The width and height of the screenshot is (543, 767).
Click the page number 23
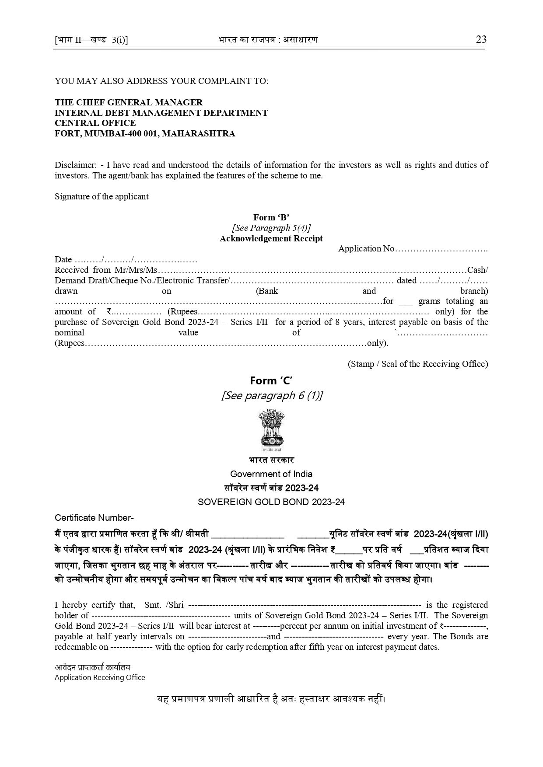tap(481, 39)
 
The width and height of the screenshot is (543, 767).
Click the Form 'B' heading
tap(271, 217)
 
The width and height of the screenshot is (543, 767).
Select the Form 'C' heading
tap(271, 380)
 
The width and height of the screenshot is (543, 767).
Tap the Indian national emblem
tap(271, 430)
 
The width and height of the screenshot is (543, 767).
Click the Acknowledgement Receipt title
tap(271, 238)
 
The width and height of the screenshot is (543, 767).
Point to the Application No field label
tap(366, 249)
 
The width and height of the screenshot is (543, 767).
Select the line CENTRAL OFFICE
tap(89, 123)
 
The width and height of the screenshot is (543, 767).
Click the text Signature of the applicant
tap(102, 196)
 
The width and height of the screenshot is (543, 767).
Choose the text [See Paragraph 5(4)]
tap(271, 228)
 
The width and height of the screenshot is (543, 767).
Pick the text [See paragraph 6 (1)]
tap(272, 396)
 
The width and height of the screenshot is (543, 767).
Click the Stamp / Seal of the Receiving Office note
tap(418, 364)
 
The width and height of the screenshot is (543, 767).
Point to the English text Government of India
tap(271, 474)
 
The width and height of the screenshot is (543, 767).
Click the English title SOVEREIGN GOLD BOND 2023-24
tap(271, 502)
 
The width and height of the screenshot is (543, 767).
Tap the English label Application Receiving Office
tap(100, 677)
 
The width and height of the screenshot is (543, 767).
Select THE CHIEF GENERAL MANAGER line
tap(129, 102)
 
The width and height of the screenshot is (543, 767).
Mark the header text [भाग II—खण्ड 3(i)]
tap(91, 40)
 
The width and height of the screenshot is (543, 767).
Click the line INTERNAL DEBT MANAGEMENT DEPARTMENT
tap(161, 113)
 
